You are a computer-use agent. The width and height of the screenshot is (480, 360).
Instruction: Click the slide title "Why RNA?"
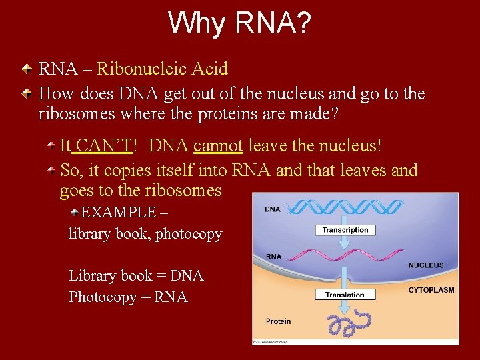(x=239, y=23)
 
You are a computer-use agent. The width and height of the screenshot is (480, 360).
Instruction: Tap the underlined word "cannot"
(x=218, y=145)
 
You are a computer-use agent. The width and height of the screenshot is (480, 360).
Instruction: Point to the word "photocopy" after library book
(x=189, y=234)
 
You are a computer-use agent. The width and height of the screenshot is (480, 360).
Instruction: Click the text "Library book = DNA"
(x=136, y=275)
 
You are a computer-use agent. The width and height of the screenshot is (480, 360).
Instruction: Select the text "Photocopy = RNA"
(x=128, y=297)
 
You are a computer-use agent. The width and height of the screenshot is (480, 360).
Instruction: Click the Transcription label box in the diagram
(x=345, y=230)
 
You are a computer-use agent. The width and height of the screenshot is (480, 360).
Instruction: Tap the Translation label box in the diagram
(x=345, y=295)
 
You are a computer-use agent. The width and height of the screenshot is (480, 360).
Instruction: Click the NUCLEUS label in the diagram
(x=425, y=265)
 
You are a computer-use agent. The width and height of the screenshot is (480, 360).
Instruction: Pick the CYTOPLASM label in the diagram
(x=431, y=290)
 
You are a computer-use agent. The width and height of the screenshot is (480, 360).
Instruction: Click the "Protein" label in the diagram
(x=278, y=321)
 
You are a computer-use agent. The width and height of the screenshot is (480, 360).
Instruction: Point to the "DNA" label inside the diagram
(x=272, y=209)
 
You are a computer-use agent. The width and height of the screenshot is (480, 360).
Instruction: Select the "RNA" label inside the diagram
(x=273, y=257)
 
